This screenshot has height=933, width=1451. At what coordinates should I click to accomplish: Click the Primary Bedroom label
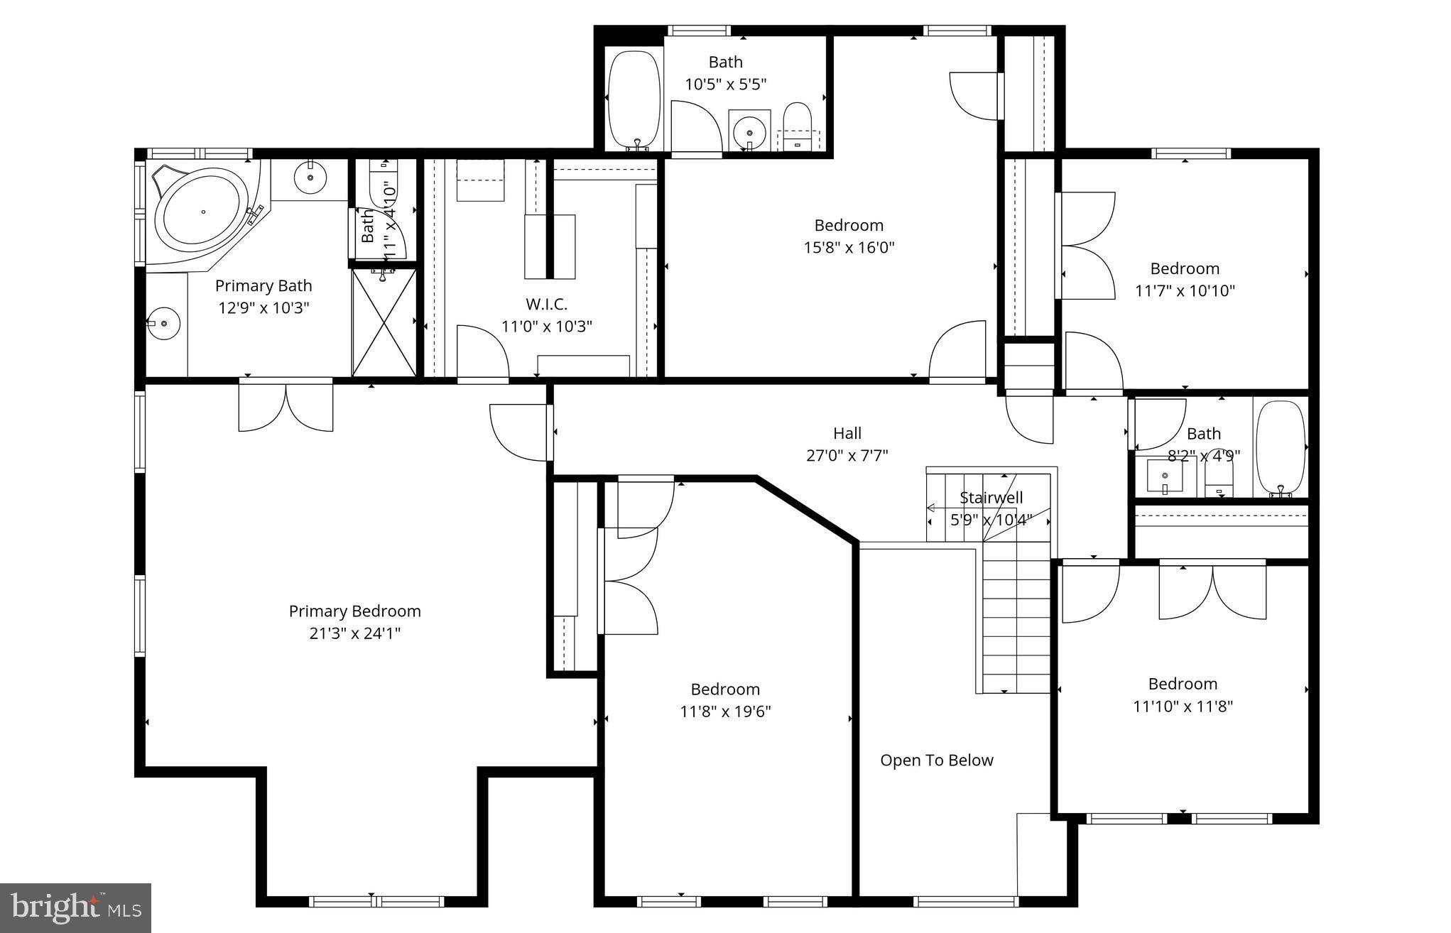(354, 611)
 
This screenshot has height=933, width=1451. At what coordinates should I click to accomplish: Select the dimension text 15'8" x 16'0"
(849, 248)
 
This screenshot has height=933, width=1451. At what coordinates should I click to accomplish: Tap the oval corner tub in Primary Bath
(202, 211)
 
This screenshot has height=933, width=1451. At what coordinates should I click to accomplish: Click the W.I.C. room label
(546, 305)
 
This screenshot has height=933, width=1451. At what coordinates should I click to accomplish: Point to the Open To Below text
(936, 760)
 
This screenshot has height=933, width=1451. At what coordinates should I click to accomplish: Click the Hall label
(847, 433)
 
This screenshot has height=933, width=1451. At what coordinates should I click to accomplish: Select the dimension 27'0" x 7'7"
(847, 456)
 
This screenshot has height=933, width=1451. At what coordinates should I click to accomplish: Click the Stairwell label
(991, 498)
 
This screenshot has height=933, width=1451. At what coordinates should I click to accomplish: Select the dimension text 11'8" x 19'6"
(725, 711)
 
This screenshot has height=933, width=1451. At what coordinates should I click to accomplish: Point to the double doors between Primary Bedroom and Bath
(286, 406)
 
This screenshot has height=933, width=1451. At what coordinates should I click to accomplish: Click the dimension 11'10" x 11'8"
(1183, 706)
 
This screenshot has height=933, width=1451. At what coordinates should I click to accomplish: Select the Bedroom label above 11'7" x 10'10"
(1184, 268)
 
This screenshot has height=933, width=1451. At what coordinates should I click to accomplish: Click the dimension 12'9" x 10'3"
(263, 308)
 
